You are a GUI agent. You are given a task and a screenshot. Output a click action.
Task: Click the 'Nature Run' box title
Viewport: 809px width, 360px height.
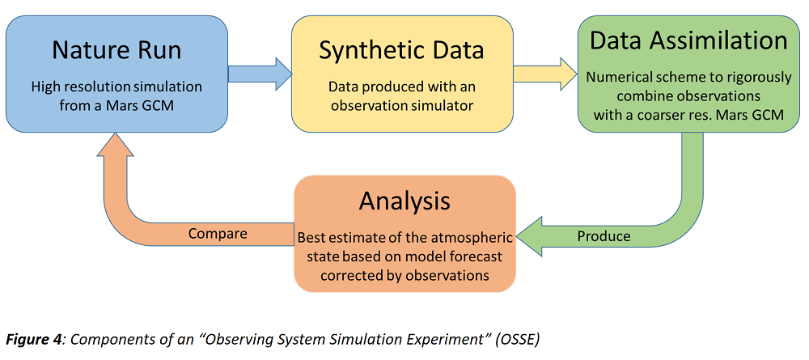(x=116, y=49)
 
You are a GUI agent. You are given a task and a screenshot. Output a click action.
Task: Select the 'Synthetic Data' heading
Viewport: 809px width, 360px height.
(x=401, y=50)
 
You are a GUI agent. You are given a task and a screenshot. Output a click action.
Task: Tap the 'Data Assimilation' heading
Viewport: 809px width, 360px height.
(x=688, y=40)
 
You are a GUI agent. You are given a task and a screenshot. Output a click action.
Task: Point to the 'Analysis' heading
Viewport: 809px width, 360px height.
(x=404, y=201)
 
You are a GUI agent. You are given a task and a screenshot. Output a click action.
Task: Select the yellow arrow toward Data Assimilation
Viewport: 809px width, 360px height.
(x=545, y=74)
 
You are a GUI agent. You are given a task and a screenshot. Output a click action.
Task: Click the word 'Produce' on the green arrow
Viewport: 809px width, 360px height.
(x=604, y=236)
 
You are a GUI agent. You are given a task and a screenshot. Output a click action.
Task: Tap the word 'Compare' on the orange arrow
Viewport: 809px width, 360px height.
(x=218, y=234)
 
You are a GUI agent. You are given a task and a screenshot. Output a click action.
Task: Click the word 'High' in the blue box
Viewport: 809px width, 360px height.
(x=43, y=86)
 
